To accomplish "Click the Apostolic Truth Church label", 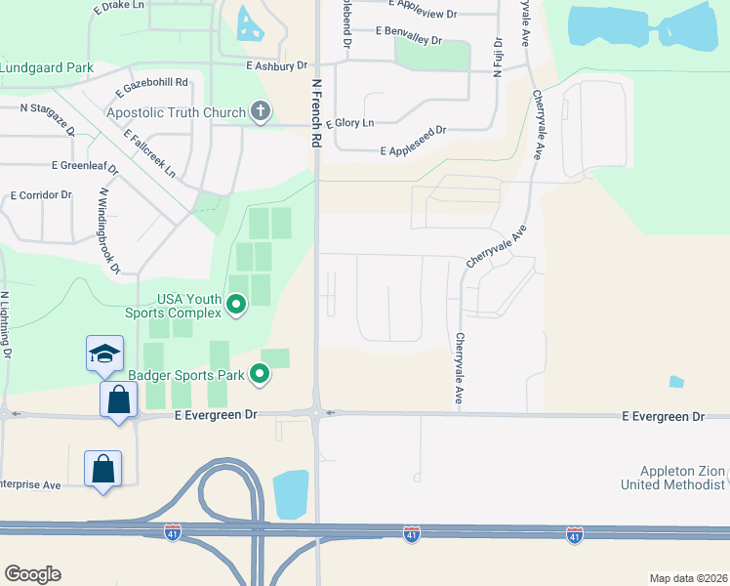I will pos(176,112).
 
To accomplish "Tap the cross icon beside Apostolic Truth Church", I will pos(260,112).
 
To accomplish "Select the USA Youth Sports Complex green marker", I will pos(235,307).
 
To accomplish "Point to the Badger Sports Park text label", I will pos(184,373).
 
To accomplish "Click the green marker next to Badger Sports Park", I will pos(260,373).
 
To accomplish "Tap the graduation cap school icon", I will pos(103,354).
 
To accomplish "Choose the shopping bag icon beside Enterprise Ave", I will pos(102,470).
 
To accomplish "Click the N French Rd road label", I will pos(315,113).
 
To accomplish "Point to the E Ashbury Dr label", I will pos(277,65).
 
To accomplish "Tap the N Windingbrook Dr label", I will pos(108,230).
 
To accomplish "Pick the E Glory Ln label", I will pos(350,123).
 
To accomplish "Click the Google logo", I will pos(32,574).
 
